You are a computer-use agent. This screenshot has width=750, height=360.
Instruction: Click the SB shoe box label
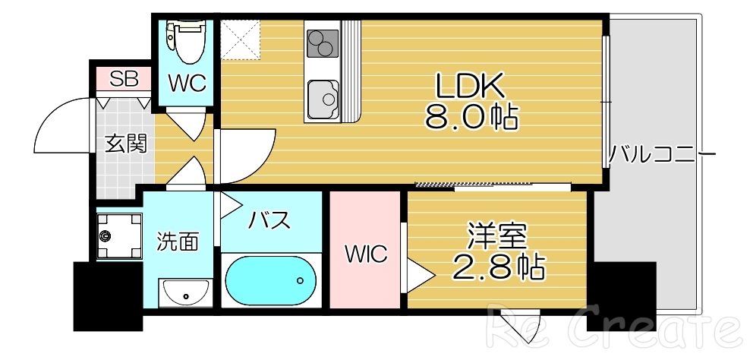pos(124,78)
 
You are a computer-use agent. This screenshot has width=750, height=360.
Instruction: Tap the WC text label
pos(187,84)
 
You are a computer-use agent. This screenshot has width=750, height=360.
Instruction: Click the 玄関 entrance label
pos(125,144)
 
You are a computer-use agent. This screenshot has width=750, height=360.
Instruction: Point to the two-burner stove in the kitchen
pos(321,43)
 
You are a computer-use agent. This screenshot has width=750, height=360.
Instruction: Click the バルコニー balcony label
pos(662,156)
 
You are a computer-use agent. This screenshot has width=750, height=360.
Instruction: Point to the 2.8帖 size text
pos(497,267)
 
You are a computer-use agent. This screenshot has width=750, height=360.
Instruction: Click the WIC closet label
pos(367,254)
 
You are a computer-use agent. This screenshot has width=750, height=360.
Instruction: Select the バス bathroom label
pos(270,220)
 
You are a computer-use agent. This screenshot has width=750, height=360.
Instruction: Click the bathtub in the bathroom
pos(272,280)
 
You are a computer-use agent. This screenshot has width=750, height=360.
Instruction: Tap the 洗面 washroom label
pos(178,242)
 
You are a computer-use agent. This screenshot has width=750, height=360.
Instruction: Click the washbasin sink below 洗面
pos(184,292)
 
